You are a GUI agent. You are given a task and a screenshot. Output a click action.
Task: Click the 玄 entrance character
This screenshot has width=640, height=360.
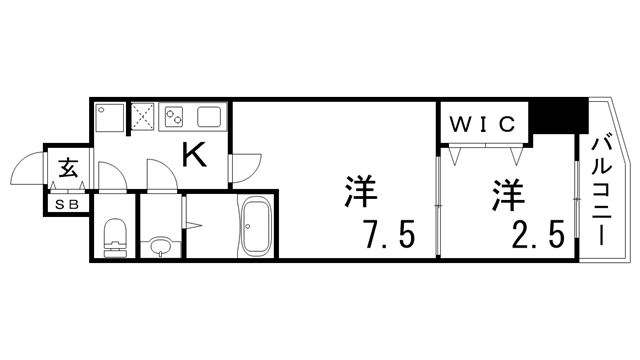[x=68, y=168]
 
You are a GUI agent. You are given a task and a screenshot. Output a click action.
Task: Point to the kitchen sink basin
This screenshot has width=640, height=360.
[x=212, y=116]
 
